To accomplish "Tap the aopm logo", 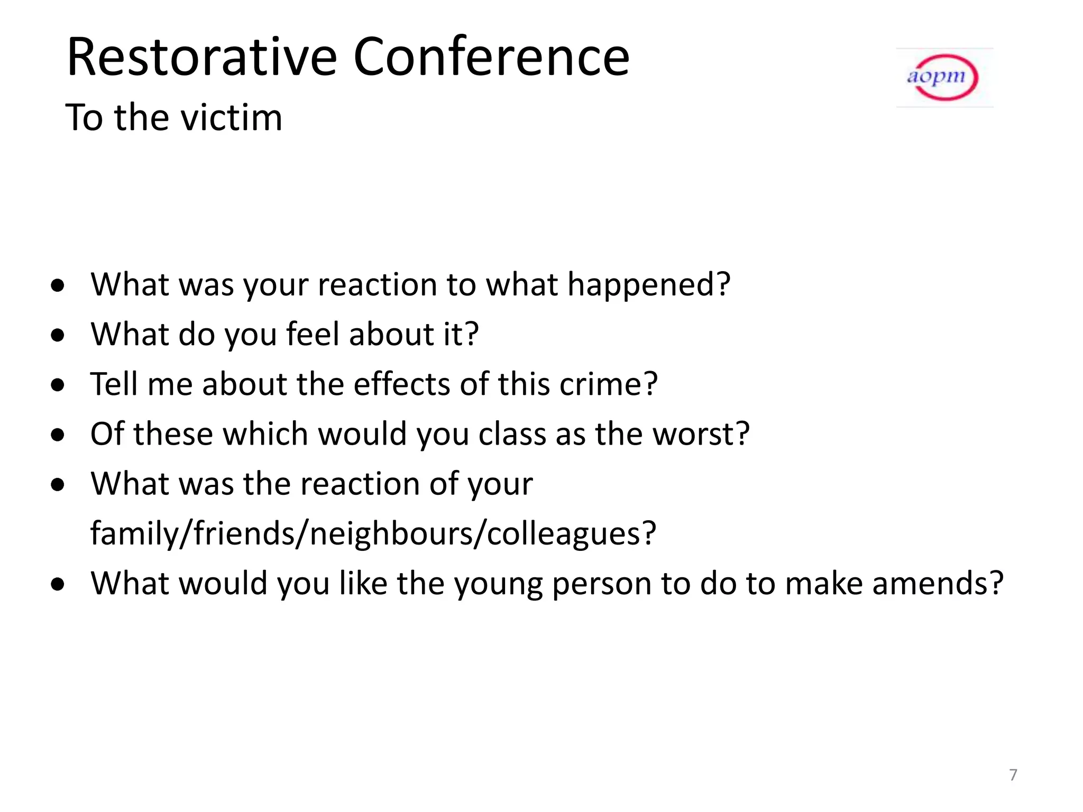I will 943,78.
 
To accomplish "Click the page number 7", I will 1013,774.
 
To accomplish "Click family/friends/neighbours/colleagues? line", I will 373,533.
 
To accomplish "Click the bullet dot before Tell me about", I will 58,385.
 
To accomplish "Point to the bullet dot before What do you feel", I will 58,336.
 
